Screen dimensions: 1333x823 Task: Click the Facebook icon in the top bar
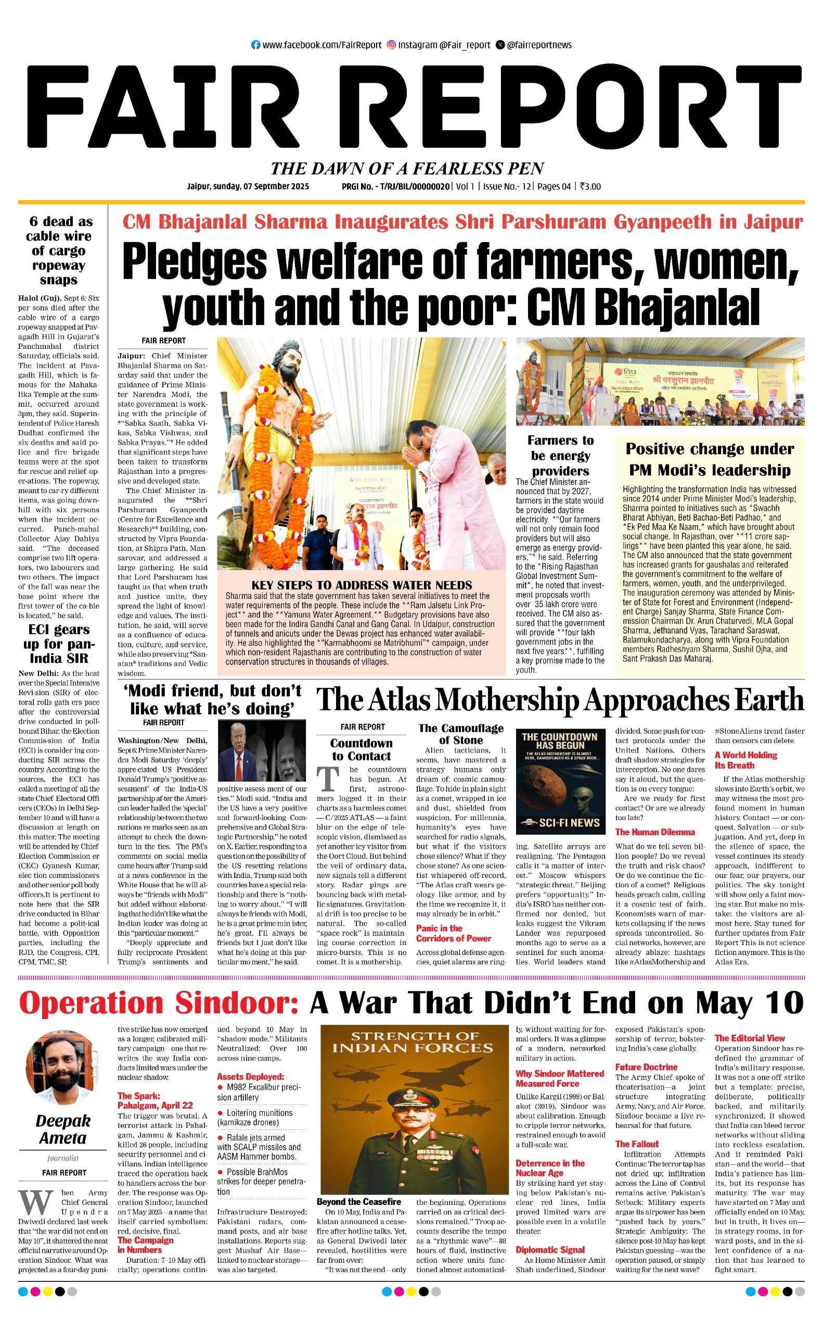click(255, 45)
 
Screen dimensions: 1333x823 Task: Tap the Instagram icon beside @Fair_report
click(391, 45)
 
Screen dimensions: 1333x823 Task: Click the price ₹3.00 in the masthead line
click(590, 186)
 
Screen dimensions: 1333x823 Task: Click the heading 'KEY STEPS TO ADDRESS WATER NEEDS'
click(362, 585)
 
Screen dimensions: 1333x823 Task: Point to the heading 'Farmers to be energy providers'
click(560, 456)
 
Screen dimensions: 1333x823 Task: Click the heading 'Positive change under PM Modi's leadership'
click(709, 459)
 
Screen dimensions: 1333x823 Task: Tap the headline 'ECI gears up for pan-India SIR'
click(59, 644)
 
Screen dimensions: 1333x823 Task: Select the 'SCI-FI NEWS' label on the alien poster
click(560, 823)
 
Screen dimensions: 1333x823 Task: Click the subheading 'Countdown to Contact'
click(362, 750)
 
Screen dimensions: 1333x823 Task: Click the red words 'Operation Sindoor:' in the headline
click(158, 1003)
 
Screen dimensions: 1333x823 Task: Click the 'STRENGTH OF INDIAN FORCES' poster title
click(413, 1042)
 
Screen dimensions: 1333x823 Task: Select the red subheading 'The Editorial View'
click(750, 1038)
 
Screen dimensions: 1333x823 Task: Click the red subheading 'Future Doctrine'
click(646, 1067)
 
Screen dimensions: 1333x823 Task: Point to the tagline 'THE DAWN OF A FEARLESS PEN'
click(407, 168)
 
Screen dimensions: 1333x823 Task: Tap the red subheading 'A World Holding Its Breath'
click(745, 760)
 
